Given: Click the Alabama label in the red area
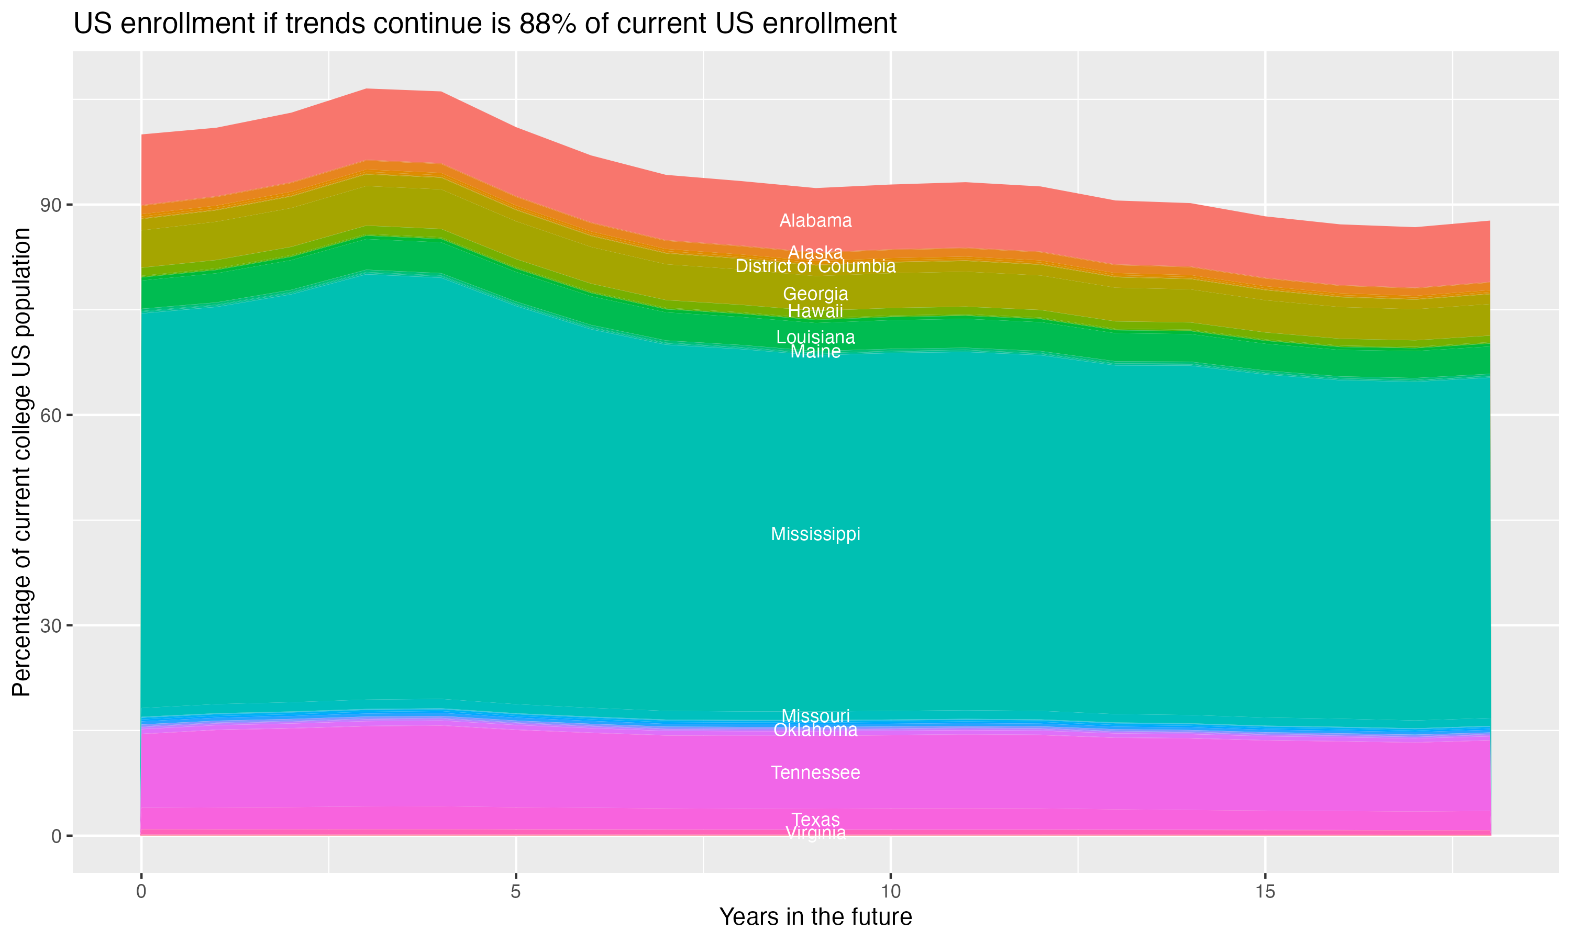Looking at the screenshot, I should [815, 221].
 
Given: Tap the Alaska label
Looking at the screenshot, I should [815, 252].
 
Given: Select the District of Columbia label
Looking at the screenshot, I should [815, 266].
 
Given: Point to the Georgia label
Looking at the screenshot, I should [815, 294].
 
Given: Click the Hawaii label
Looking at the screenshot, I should [815, 311].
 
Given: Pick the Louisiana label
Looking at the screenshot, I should [815, 337].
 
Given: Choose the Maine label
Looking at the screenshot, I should [815, 351].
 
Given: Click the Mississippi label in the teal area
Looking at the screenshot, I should [815, 534].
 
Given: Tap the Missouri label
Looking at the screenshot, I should [815, 715].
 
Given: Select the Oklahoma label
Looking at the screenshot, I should [815, 730].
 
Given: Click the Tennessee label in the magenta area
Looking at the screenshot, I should [815, 772].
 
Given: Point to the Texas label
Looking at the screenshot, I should [815, 820].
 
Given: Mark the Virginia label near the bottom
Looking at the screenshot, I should [815, 832].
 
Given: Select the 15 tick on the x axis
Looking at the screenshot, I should [1265, 892].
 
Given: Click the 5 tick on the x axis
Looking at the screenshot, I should [516, 892].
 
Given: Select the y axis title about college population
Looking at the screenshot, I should [21, 462].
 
